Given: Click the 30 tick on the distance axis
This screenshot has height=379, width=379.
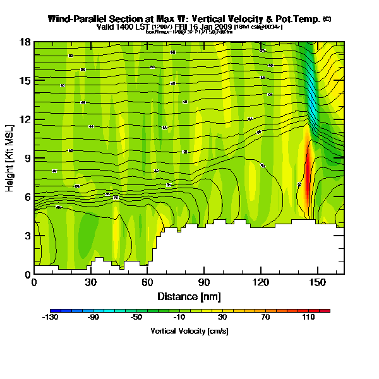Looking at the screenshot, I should pos(90,282).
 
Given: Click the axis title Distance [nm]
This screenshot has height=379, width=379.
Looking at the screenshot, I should pos(189,296).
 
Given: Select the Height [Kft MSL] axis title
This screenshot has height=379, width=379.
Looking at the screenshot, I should pos(11,158).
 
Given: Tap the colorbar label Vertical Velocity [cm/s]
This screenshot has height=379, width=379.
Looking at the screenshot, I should pos(189,331).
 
